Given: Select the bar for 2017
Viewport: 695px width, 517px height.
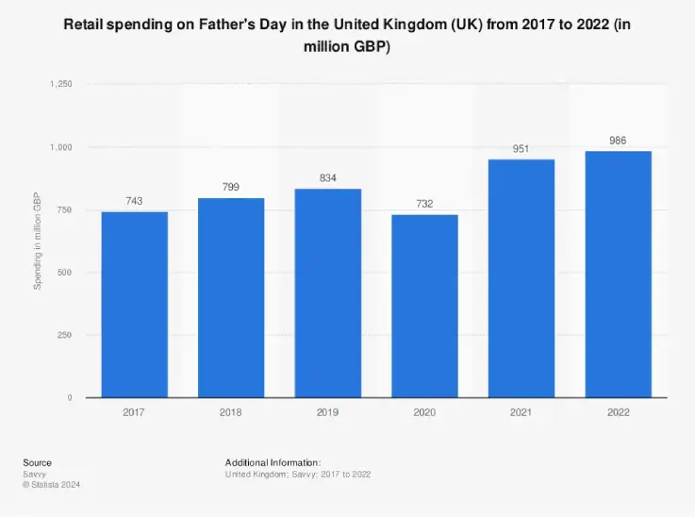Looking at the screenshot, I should click(135, 305).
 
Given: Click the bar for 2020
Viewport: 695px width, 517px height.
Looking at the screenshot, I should click(424, 307).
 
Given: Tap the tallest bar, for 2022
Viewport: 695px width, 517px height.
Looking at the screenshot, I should click(618, 275).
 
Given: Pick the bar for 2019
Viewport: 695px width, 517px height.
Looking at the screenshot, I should click(328, 293).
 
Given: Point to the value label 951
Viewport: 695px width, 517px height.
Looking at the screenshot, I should click(521, 149).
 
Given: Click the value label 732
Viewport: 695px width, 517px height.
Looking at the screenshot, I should click(424, 204).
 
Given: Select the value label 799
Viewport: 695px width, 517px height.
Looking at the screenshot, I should click(231, 187).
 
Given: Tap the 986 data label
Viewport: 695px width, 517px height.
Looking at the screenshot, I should click(618, 141).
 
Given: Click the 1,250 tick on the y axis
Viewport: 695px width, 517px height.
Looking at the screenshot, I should click(61, 85).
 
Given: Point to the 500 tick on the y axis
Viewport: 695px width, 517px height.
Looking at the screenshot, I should click(65, 273).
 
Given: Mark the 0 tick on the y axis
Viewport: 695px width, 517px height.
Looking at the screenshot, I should click(70, 398).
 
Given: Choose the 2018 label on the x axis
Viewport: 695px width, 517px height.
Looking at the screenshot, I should click(231, 413).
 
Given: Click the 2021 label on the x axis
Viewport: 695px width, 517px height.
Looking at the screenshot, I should click(521, 413).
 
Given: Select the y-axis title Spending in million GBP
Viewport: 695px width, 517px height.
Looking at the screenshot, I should click(38, 242).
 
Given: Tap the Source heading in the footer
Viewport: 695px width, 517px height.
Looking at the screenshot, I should click(38, 462).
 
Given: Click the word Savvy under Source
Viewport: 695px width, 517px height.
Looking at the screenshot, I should click(35, 474).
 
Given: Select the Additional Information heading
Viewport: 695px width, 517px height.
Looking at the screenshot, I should click(273, 462).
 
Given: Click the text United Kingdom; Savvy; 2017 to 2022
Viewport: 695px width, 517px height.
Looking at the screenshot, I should click(297, 474).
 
